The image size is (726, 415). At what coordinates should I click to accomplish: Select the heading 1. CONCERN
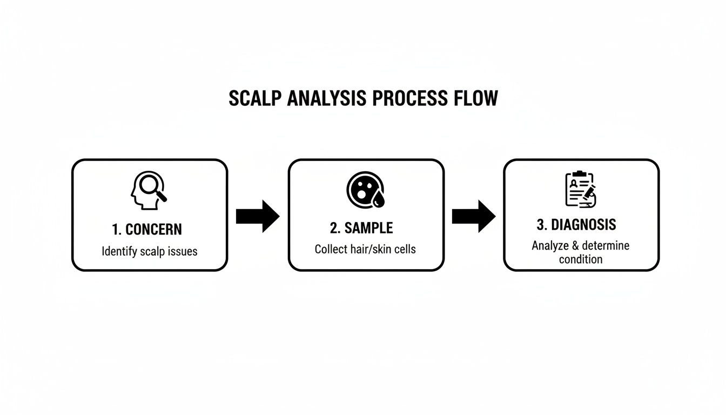pos(147,229)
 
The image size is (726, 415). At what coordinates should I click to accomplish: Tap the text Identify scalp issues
pos(150,251)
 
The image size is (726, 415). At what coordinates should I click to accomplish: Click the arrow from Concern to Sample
pos(258,216)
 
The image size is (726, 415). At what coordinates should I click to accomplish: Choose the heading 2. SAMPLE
pos(361,228)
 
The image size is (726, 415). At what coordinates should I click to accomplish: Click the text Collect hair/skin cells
pos(365,249)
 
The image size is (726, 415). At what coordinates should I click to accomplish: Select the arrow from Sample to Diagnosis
pos(473,216)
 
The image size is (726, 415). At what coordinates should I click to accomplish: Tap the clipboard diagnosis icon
pos(580,189)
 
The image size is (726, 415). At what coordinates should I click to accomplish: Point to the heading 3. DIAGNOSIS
pos(576,224)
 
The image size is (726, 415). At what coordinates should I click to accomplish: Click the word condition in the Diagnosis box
pos(581,259)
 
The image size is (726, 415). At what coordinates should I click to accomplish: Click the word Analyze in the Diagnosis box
pos(550,246)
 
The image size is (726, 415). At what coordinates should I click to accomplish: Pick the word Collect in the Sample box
pos(331,249)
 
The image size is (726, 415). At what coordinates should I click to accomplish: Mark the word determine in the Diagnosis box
pos(605,246)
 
